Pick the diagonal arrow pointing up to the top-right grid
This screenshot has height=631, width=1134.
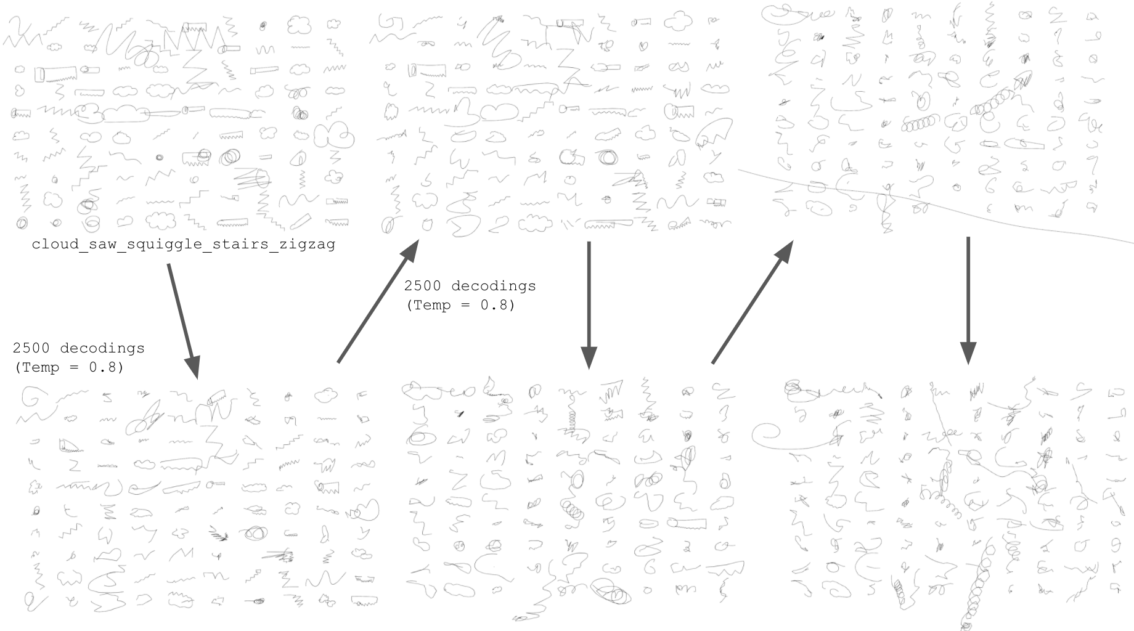click(753, 302)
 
